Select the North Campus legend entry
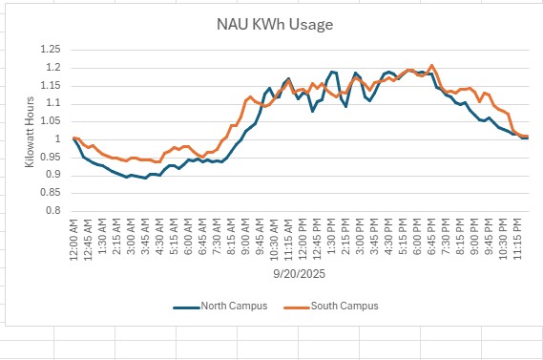tap(235, 306)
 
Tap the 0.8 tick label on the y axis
tap(55, 210)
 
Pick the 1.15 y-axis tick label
tap(52, 85)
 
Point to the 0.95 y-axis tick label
tap(52, 157)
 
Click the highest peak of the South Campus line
tap(432, 65)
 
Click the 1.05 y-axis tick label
tap(52, 121)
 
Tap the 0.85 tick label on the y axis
tap(52, 192)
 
